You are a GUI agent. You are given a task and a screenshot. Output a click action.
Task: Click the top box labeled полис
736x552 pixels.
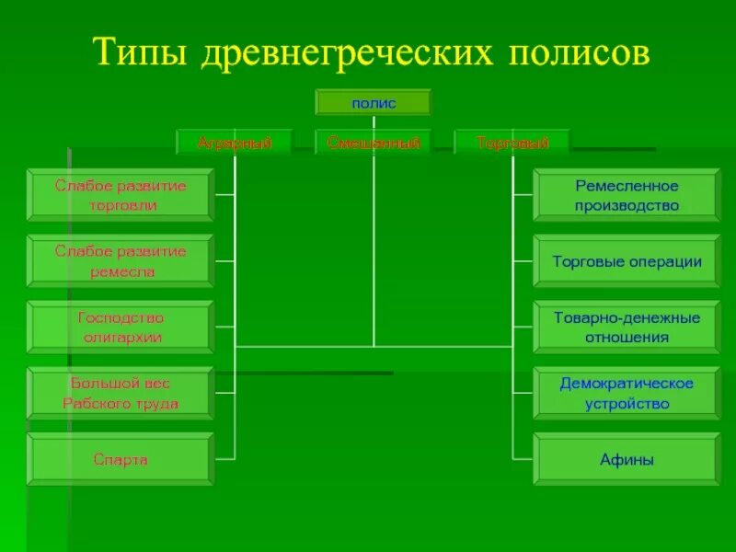373,102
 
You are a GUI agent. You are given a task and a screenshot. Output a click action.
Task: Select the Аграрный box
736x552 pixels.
235,143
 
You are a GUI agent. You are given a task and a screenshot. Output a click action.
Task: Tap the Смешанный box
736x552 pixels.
373,143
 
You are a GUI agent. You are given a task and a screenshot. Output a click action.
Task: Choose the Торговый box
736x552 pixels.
512,143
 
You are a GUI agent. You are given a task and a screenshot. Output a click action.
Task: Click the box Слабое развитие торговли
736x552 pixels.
121,195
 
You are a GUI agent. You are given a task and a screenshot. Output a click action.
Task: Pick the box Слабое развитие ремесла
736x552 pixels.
121,261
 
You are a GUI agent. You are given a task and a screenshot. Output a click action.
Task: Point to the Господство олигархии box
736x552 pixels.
121,328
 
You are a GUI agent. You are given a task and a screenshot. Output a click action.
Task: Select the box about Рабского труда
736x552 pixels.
121,394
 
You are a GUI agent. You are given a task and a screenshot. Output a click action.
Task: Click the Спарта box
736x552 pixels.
121,459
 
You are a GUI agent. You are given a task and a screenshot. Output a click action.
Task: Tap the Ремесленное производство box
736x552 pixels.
627,195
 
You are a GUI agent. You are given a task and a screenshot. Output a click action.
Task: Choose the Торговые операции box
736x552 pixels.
627,261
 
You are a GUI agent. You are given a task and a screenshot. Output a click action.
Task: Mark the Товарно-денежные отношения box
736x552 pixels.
627,328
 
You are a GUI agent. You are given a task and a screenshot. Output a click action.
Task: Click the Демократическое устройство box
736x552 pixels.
627,394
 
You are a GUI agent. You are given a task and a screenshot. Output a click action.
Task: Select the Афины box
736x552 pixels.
627,459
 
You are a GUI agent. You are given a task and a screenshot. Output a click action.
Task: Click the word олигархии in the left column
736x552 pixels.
121,338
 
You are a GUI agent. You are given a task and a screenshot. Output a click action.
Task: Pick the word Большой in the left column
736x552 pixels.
96,383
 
